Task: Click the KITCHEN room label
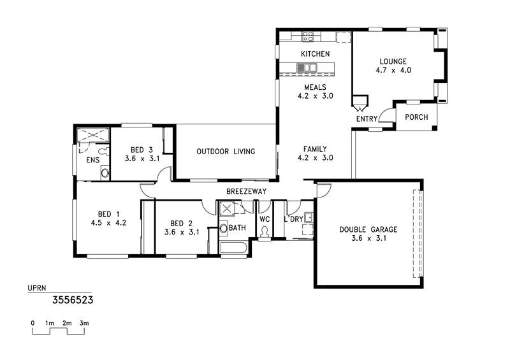tap(315, 54)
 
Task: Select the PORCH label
tap(416, 117)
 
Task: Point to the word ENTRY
tap(367, 119)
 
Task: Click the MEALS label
tap(315, 87)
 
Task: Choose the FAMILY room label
tap(315, 148)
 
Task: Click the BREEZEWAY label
tap(246, 192)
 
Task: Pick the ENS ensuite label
tap(92, 160)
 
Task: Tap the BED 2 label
tap(182, 223)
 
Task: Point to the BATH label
tap(238, 227)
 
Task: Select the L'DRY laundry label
tap(294, 219)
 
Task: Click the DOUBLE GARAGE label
tap(368, 229)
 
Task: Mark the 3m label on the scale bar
tap(84, 324)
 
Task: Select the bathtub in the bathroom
tap(233, 248)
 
